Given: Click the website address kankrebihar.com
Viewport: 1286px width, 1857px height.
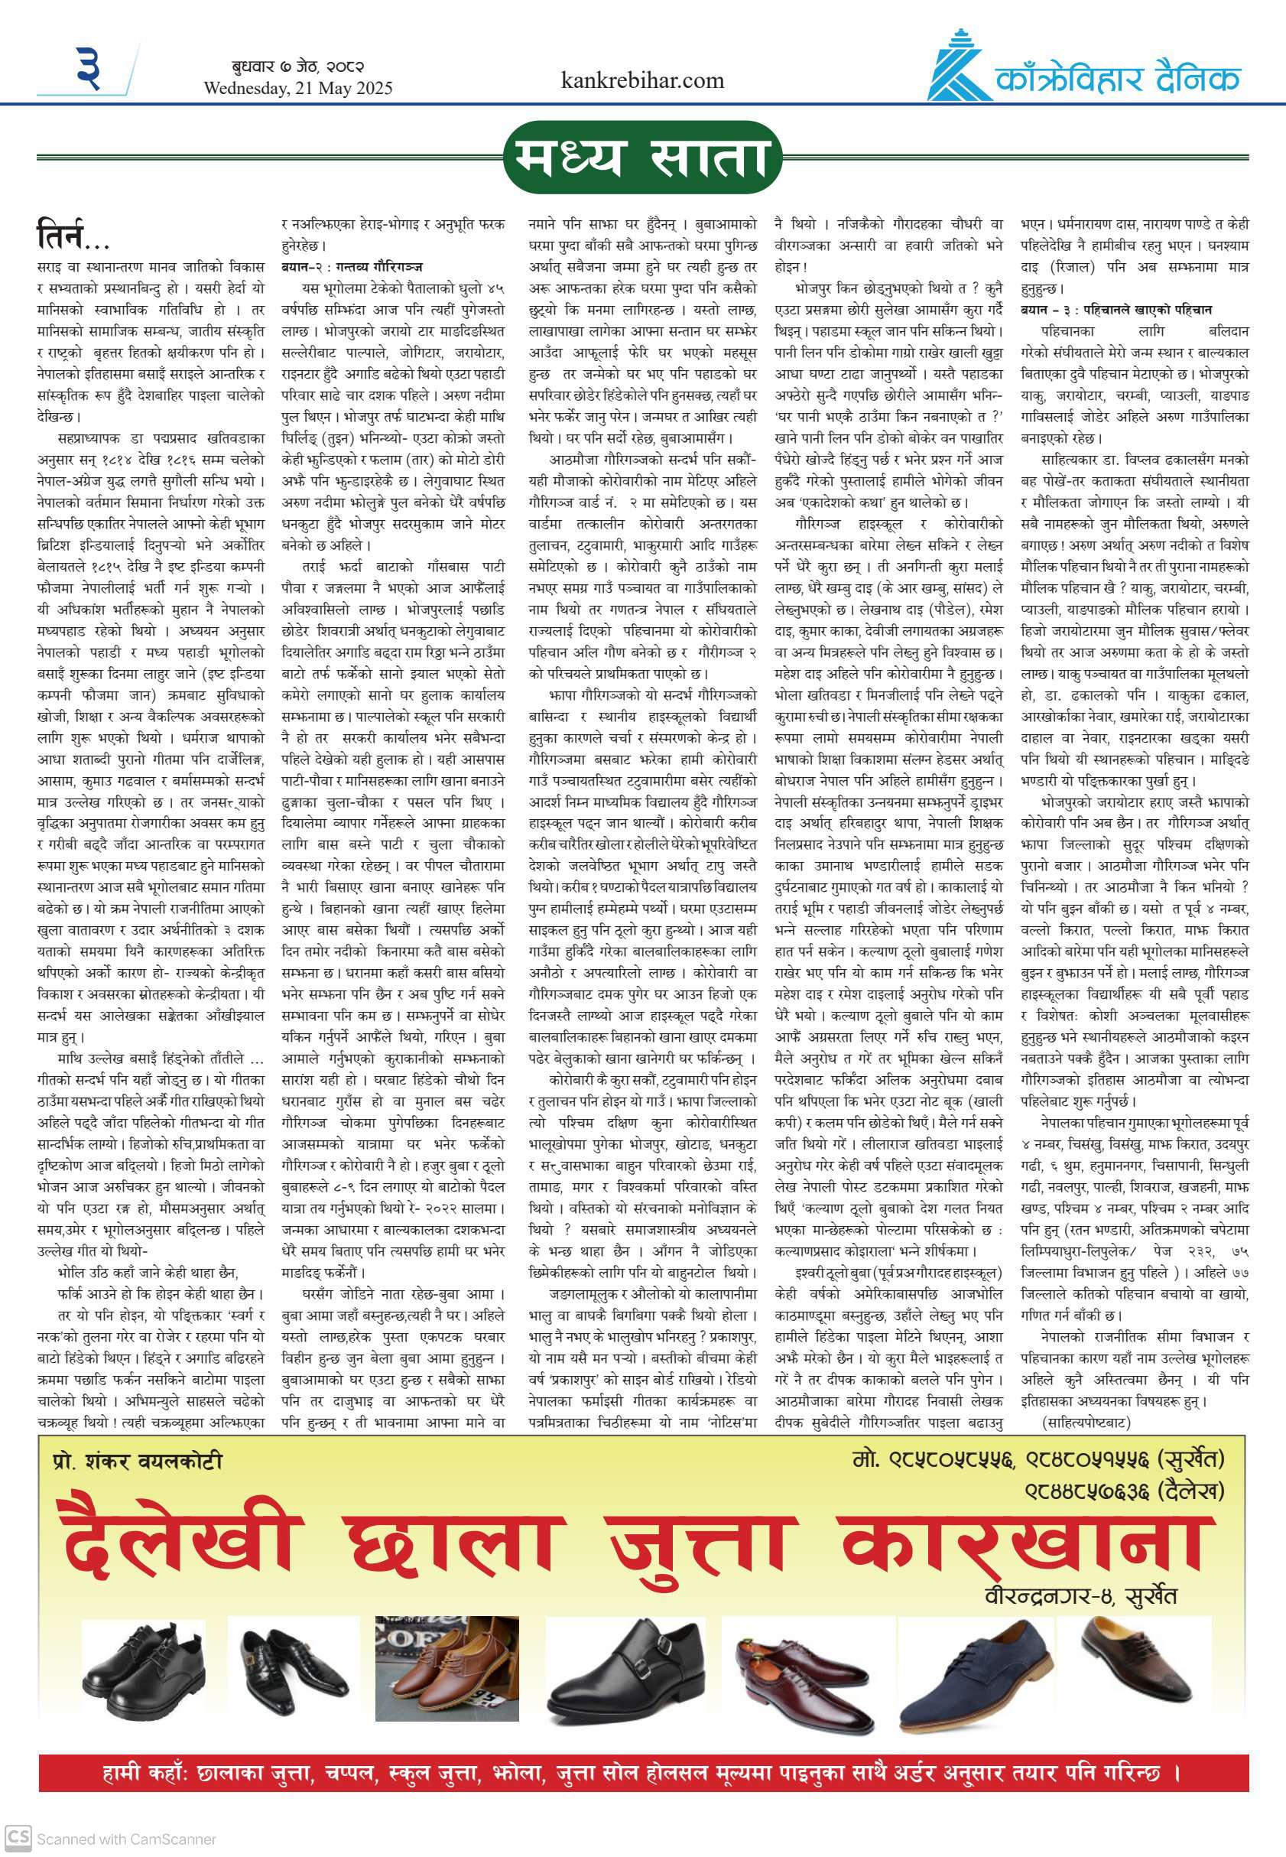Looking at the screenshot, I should coord(641,80).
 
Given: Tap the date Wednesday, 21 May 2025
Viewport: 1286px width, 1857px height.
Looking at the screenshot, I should coord(297,89).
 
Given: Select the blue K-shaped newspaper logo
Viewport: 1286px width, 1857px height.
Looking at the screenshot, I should coord(958,69).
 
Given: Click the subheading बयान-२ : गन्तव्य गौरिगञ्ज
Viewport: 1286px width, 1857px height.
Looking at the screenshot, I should coord(352,266).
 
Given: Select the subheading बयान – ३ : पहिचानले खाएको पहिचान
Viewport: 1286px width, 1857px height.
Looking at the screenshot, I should coord(1116,309).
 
